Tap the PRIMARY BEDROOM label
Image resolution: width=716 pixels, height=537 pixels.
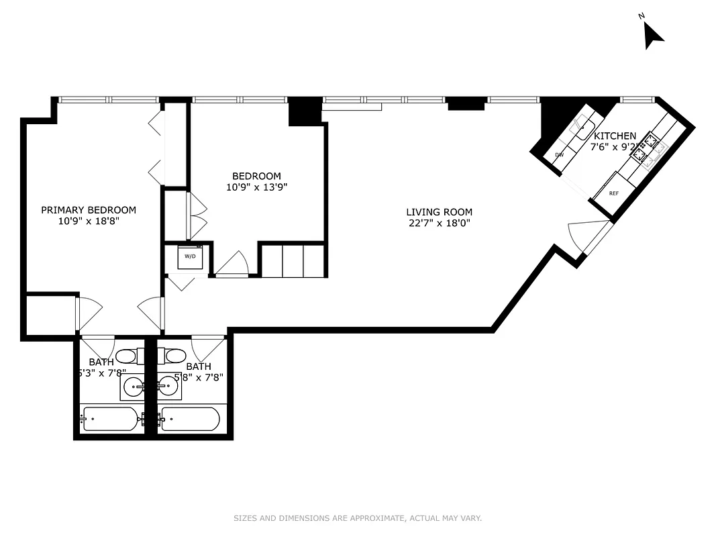click(89, 210)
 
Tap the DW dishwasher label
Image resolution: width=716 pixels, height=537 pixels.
click(559, 155)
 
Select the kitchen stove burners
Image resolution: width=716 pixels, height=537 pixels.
click(646, 149)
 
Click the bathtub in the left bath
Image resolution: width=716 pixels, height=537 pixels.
click(111, 419)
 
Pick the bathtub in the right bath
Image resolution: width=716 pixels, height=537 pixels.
click(191, 419)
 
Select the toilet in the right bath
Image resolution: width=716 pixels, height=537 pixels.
click(175, 355)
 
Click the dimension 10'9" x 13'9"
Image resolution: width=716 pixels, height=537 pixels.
click(257, 188)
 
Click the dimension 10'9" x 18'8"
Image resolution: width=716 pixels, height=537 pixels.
click(89, 222)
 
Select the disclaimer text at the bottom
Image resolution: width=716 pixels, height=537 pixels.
click(358, 518)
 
